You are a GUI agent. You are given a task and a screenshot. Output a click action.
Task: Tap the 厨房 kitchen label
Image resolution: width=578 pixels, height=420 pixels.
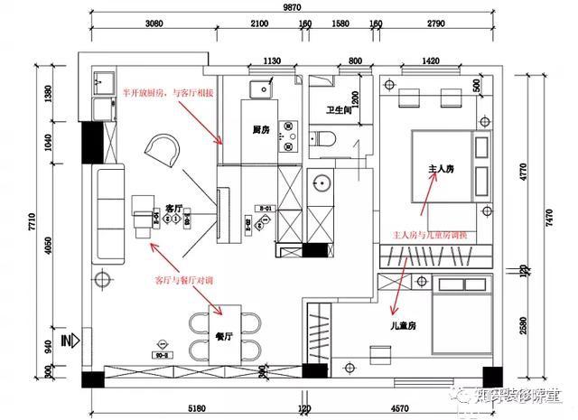pos(263,130)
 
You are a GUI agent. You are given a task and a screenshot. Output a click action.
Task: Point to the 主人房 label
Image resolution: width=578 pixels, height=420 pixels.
pos(433,169)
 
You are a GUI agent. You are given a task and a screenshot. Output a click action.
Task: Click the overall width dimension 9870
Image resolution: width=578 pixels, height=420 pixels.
pos(292,7)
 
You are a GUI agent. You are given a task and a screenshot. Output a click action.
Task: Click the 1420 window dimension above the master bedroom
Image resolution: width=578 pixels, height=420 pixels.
pos(429,61)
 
